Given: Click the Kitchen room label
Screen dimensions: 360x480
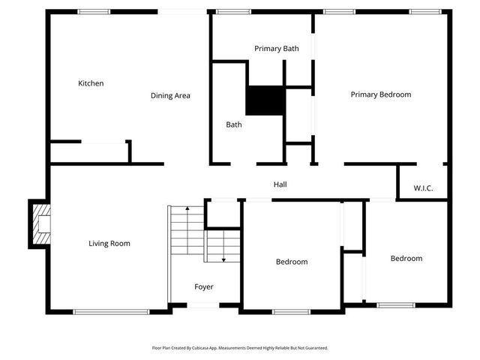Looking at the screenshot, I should click(x=91, y=83).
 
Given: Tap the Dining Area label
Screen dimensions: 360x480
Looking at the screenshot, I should click(x=170, y=95).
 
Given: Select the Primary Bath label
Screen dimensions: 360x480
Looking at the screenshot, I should click(x=276, y=49).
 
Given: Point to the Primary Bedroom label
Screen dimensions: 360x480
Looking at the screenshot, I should click(x=381, y=94).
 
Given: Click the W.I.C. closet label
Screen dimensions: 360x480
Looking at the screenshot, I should click(x=424, y=188).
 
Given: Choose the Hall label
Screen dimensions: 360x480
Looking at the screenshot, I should click(x=280, y=184).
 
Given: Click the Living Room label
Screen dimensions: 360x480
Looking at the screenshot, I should click(x=109, y=243).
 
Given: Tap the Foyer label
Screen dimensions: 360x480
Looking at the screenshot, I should click(x=203, y=286).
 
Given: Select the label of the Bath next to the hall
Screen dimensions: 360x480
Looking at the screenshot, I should click(x=234, y=124).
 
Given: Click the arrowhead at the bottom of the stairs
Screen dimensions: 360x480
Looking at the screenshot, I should click(x=223, y=259).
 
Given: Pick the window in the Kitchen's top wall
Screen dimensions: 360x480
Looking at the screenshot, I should click(x=94, y=11).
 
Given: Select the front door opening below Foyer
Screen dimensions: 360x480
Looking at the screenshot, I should click(x=203, y=305).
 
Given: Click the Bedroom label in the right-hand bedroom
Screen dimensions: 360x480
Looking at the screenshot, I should click(x=406, y=258).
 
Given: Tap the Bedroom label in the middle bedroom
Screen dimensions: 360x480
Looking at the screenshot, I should click(x=292, y=262).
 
